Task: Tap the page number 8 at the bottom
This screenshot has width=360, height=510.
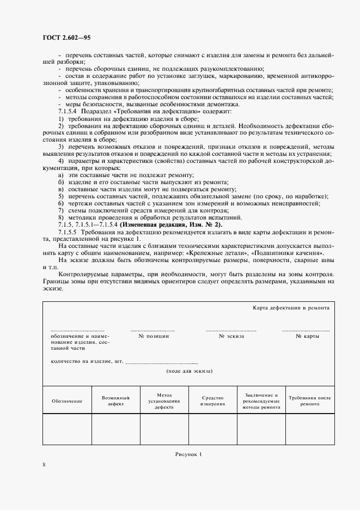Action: click(44, 464)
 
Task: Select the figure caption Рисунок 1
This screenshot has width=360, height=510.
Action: click(188, 453)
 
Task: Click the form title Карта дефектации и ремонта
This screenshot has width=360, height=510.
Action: click(291, 308)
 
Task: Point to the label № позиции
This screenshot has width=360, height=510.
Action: click(154, 336)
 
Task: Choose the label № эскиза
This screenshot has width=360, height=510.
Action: click(231, 336)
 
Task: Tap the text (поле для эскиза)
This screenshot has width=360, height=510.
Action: click(189, 371)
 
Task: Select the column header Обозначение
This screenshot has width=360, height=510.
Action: click(67, 401)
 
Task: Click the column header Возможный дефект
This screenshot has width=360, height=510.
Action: click(115, 401)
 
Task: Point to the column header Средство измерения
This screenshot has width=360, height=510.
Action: click(213, 401)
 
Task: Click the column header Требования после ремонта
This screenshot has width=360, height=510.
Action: click(309, 401)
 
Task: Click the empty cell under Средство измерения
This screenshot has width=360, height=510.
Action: click(213, 430)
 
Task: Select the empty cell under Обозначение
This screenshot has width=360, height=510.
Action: click(67, 430)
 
